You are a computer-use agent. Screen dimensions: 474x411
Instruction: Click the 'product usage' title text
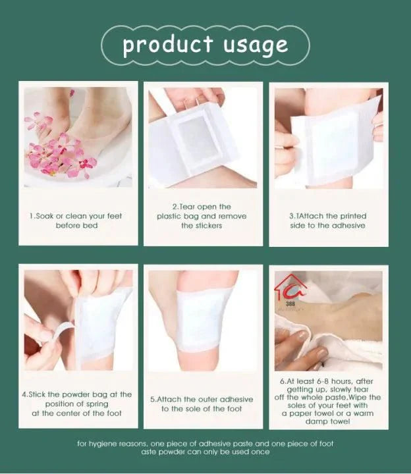(205, 45)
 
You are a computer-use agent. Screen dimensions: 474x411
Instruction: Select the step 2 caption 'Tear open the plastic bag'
(202, 216)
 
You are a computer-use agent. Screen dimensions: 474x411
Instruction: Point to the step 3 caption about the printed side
(328, 221)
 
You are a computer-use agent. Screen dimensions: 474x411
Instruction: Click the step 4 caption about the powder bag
(77, 404)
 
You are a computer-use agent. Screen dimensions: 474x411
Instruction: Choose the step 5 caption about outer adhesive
(202, 404)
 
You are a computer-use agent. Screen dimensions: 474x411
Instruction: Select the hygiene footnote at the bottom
(205, 448)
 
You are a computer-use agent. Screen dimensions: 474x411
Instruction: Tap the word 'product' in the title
(168, 45)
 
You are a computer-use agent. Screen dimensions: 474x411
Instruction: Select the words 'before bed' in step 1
(76, 225)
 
